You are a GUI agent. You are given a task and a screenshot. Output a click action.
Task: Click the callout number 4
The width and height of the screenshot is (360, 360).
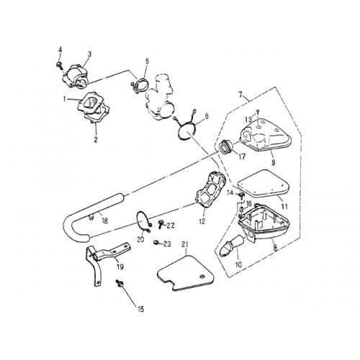pos(60,50)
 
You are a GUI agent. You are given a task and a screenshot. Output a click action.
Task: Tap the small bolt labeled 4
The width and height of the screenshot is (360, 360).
pos(59,65)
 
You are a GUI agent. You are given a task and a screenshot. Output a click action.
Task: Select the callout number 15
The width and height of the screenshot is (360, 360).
pos(140,309)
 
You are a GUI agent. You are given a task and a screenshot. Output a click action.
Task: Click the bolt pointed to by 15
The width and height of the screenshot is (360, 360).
pos(119,283)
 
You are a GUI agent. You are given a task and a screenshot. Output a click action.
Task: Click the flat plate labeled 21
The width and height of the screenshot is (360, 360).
pos(185,273)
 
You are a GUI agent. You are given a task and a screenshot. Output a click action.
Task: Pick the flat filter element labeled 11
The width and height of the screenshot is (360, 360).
pos(264,184)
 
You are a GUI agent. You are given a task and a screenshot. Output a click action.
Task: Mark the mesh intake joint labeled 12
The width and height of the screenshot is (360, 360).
pos(210,189)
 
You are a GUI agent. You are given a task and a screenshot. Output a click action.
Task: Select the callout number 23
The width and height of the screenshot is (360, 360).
pos(167,244)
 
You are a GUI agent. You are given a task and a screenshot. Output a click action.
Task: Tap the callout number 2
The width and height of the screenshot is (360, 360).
pos(96,140)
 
